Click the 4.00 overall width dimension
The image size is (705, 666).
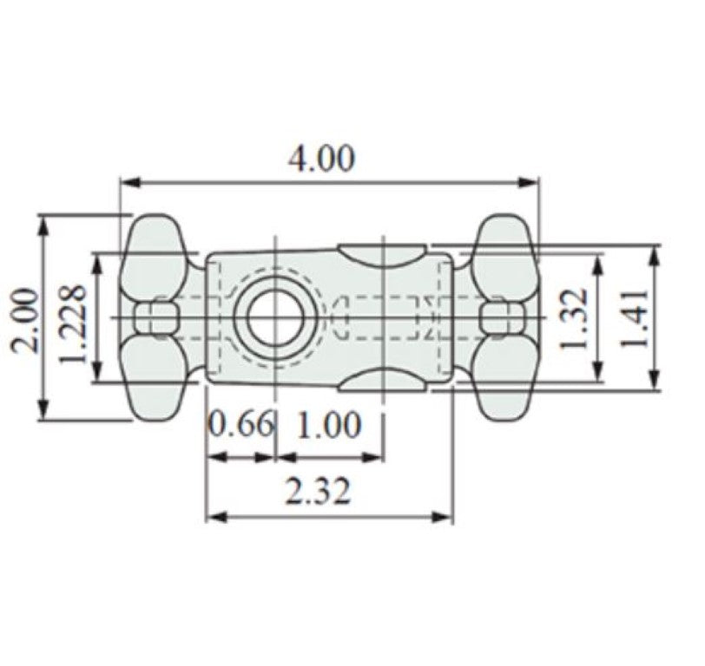click(321, 160)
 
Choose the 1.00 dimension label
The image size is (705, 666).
click(329, 425)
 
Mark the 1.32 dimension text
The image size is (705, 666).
click(575, 318)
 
